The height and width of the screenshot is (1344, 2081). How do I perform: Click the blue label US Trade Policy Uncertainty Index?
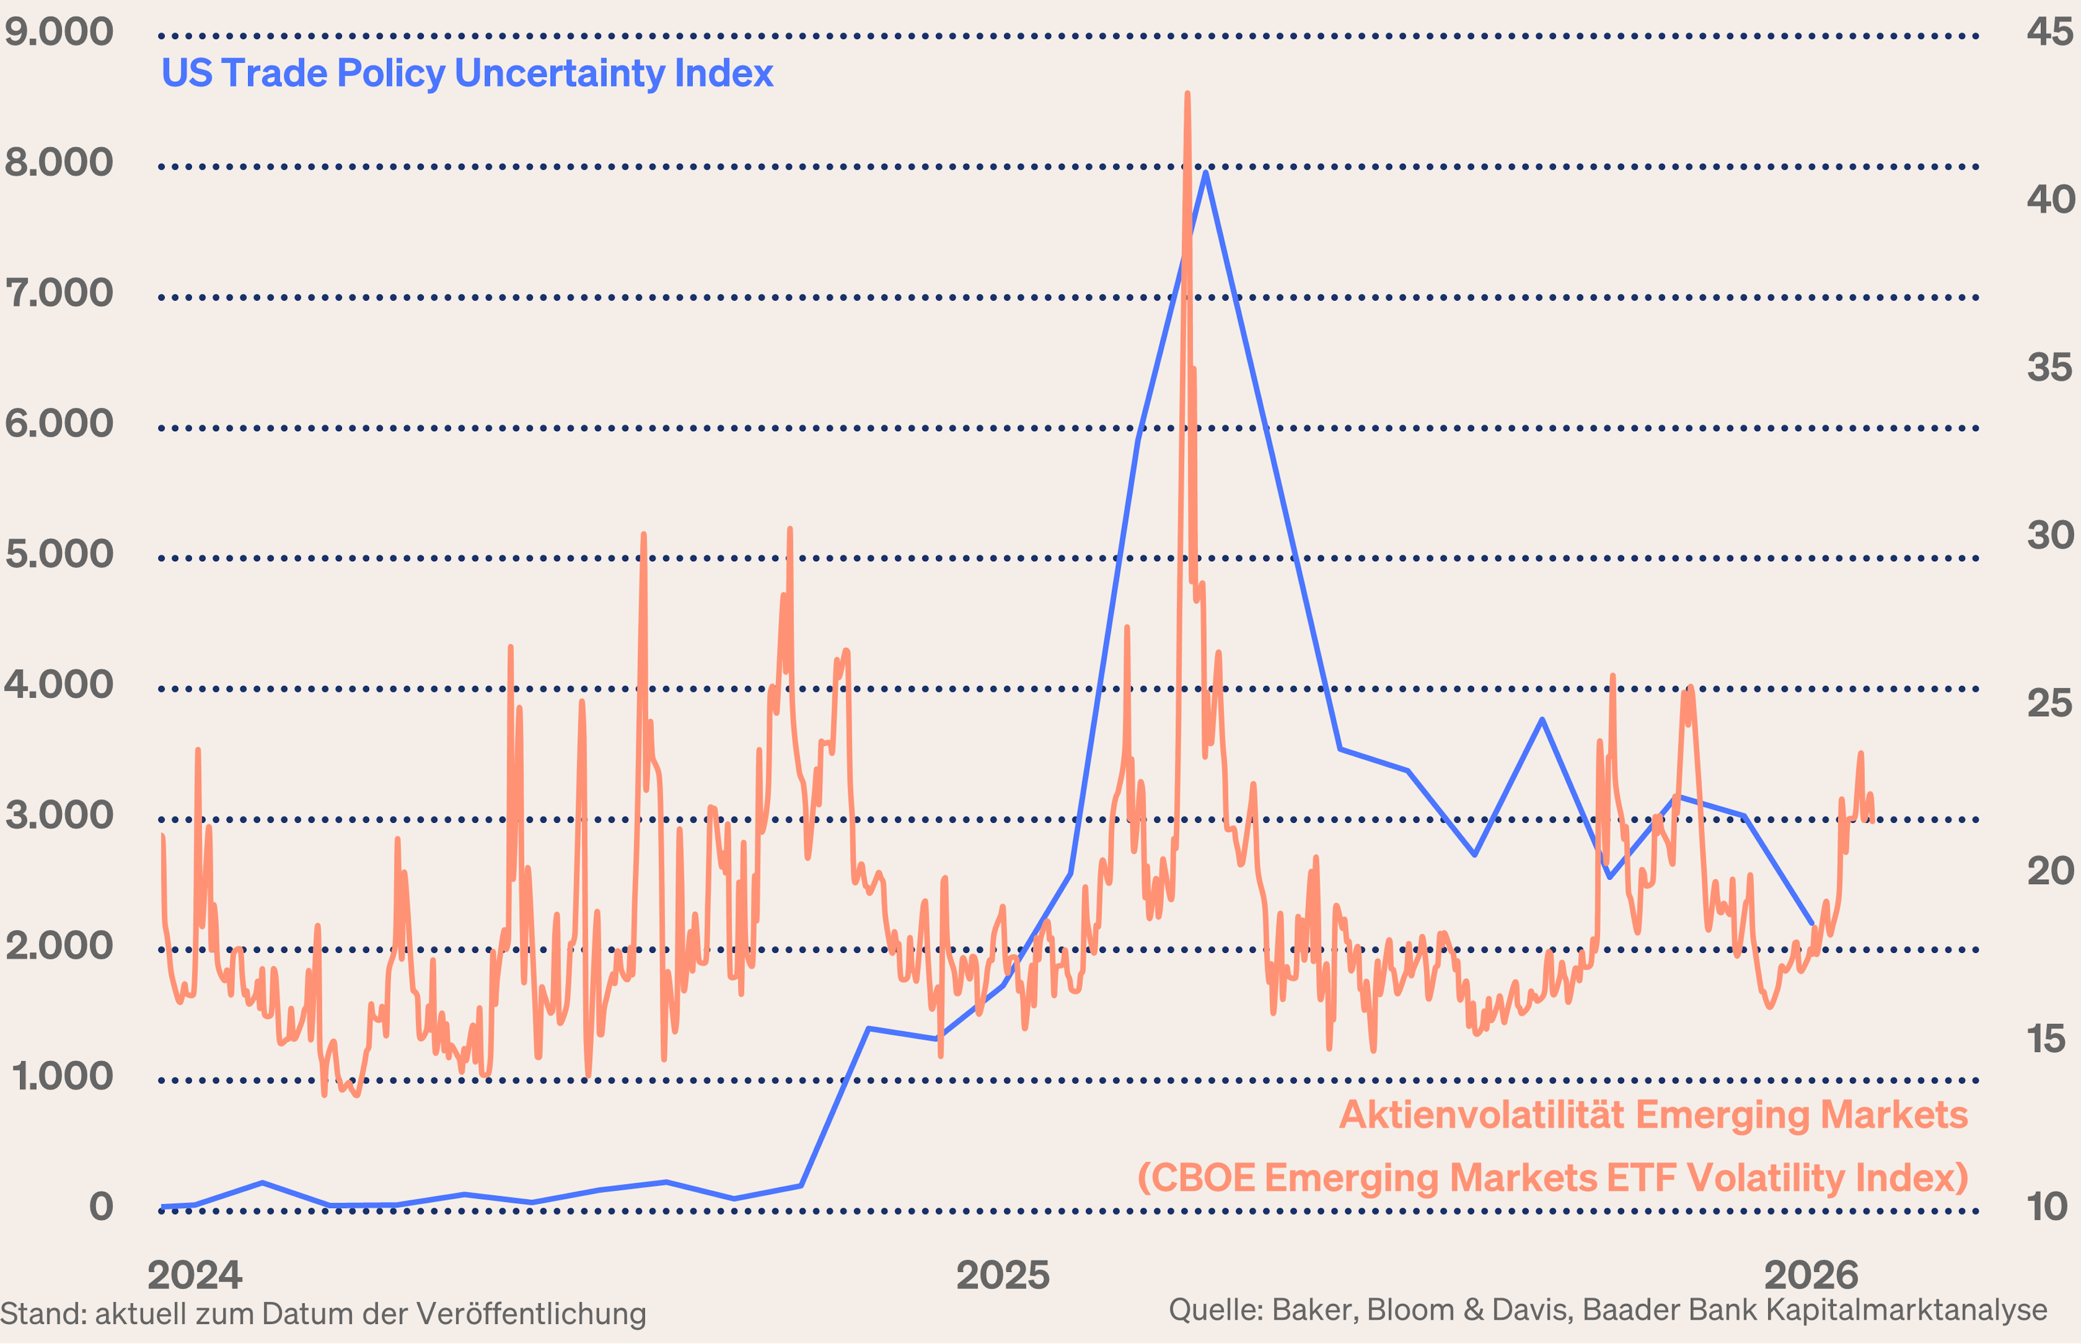pyautogui.click(x=467, y=73)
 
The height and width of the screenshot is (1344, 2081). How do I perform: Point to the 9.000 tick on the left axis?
pyautogui.click(x=59, y=33)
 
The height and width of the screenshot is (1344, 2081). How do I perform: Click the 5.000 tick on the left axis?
pyautogui.click(x=59, y=554)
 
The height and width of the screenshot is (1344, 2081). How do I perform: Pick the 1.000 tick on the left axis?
pyautogui.click(x=62, y=1076)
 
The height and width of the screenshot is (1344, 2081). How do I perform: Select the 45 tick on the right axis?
pyautogui.click(x=2048, y=33)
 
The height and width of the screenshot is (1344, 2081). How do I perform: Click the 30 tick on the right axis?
pyautogui.click(x=2048, y=535)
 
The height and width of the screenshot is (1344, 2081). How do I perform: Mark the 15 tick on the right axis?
pyautogui.click(x=2046, y=1038)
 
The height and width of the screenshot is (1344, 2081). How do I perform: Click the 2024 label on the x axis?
pyautogui.click(x=195, y=1275)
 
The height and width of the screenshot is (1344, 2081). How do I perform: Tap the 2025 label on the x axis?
pyautogui.click(x=1003, y=1275)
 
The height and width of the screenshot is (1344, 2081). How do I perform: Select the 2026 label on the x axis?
pyautogui.click(x=1811, y=1275)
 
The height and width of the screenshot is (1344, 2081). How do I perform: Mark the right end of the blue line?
pyautogui.click(x=1812, y=923)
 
